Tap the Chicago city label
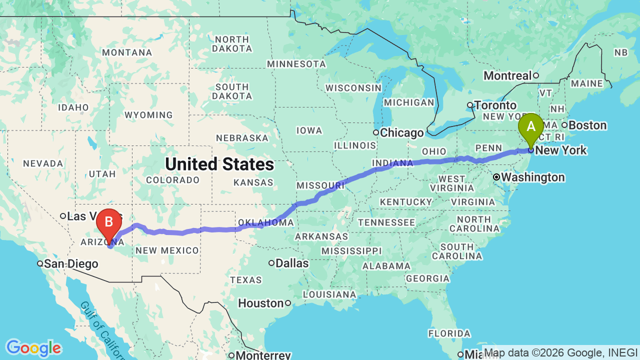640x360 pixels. pyautogui.click(x=402, y=133)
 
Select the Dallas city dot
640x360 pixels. pyautogui.click(x=271, y=263)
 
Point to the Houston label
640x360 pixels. pyautogui.click(x=260, y=303)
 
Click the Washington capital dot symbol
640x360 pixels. pyautogui.click(x=496, y=177)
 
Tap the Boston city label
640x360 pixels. pyautogui.click(x=587, y=125)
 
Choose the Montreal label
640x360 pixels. pyautogui.click(x=507, y=75)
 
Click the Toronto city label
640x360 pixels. pyautogui.click(x=495, y=105)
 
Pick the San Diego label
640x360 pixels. pyautogui.click(x=70, y=263)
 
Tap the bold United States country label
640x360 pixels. pyautogui.click(x=219, y=164)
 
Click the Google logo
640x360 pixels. pyautogui.click(x=33, y=348)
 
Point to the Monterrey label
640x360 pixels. pyautogui.click(x=263, y=355)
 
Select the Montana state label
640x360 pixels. pyautogui.click(x=127, y=52)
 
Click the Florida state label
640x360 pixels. pyautogui.click(x=449, y=333)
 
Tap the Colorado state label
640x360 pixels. pyautogui.click(x=172, y=180)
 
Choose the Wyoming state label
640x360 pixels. pyautogui.click(x=148, y=115)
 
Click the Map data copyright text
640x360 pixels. pyautogui.click(x=560, y=352)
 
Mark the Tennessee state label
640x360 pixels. pyautogui.click(x=386, y=222)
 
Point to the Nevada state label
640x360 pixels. pyautogui.click(x=43, y=163)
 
